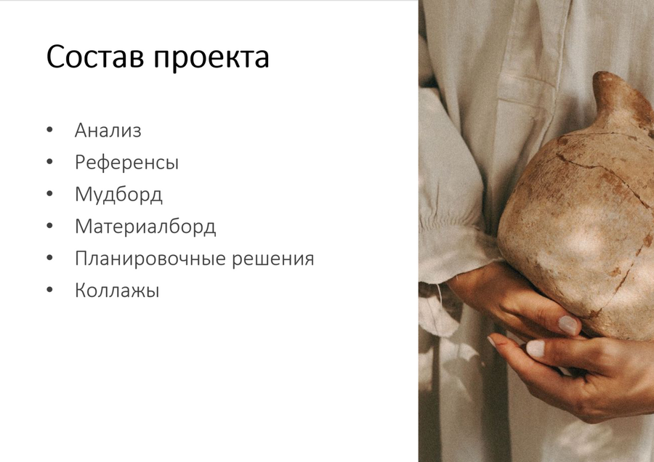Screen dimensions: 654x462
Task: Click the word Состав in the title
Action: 95,56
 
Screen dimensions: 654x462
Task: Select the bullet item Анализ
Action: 108,130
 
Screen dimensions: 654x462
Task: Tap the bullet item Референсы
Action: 126,163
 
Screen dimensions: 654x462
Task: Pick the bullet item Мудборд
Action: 118,194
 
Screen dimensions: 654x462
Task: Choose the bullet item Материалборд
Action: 145,227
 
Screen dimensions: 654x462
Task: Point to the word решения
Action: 272,259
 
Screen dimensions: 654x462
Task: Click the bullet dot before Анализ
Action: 49,130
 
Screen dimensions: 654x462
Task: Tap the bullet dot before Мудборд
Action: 49,194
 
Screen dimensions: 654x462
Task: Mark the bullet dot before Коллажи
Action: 49,290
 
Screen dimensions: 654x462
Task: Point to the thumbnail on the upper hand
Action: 568,325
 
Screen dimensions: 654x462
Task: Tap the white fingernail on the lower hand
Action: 535,349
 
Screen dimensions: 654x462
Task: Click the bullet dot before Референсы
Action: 49,162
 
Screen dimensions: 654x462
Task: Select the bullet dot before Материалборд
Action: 49,226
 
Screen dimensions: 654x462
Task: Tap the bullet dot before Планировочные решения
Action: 49,258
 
